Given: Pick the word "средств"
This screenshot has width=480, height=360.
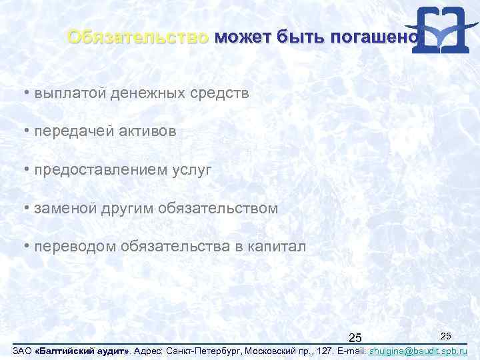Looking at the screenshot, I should click(x=221, y=94).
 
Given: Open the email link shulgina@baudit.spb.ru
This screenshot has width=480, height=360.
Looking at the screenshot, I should click(x=418, y=351).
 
